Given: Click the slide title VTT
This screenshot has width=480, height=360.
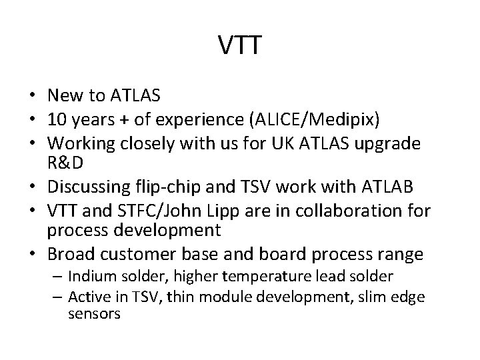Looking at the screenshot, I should click(240, 47).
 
